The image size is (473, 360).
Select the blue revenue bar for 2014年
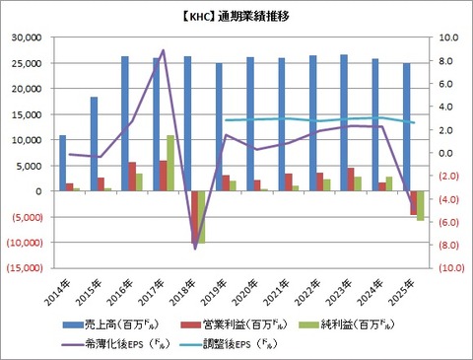coord(63,163)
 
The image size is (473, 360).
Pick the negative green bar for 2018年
coord(202,216)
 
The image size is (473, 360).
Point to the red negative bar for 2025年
coord(413,202)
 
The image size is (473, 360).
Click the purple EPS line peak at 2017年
coord(164,50)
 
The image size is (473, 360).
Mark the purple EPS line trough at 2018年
coord(195,248)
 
